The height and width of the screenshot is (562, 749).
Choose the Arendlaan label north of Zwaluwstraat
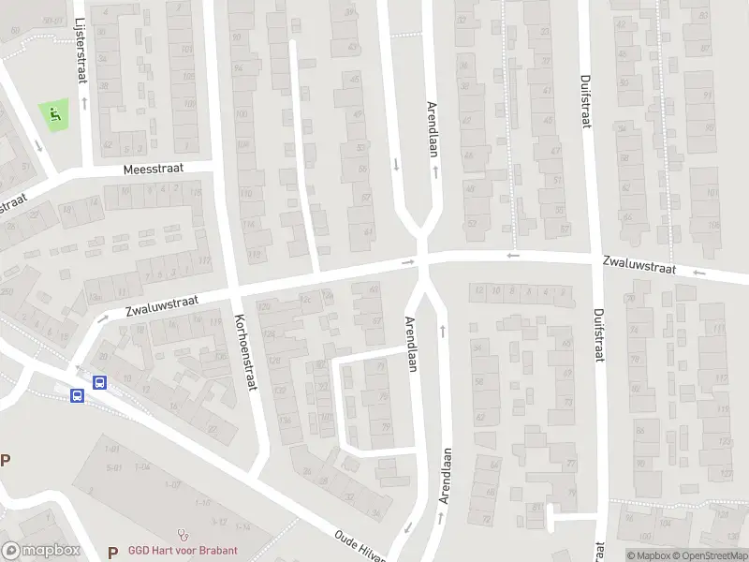(432, 128)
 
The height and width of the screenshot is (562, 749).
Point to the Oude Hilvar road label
(360, 547)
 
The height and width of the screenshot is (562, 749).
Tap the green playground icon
(54, 116)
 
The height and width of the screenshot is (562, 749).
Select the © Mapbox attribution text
(648, 555)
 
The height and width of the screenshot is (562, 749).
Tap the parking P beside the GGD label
(112, 551)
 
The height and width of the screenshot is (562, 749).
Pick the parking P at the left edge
(5, 460)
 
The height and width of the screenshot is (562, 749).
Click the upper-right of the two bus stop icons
(99, 382)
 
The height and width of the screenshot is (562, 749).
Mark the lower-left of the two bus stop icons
(77, 395)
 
